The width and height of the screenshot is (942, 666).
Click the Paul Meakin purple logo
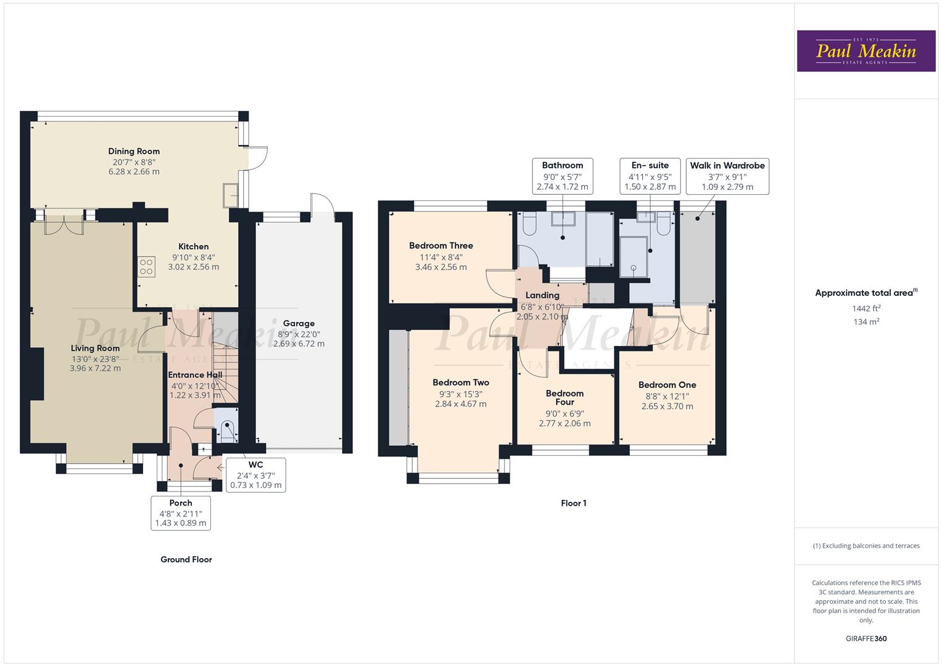[866, 51]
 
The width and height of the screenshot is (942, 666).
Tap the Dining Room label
[134, 151]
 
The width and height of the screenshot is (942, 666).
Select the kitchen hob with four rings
[146, 267]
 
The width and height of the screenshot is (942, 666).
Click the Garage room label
[299, 323]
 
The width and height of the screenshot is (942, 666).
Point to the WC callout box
[255, 475]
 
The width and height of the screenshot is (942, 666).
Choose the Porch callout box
[181, 512]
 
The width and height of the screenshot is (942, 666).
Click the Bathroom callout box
[562, 176]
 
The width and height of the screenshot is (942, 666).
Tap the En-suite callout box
[650, 176]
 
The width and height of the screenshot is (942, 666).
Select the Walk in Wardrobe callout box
[727, 176]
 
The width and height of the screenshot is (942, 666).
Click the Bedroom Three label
[440, 245]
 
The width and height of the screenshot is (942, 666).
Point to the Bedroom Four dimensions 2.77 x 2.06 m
[564, 424]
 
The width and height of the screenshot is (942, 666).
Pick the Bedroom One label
[667, 385]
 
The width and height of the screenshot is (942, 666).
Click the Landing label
[542, 295]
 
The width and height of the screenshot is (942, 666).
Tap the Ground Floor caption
[186, 559]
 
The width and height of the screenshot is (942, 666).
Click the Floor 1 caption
[573, 503]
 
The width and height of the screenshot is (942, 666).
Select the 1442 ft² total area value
[866, 308]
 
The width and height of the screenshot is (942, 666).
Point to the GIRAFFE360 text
[866, 638]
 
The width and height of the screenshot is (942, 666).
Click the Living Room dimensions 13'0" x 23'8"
[95, 359]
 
